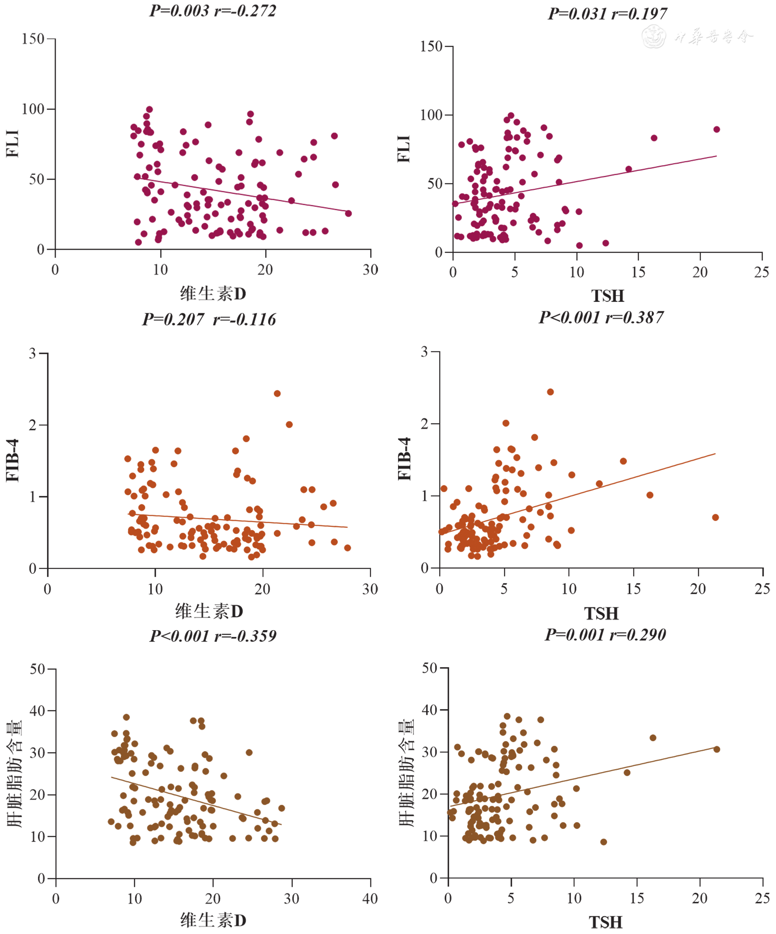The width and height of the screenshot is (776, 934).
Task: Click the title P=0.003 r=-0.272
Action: point(213,11)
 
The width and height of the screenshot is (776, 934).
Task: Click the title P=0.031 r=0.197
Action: point(607,14)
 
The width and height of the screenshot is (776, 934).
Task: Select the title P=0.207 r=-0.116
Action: point(209,319)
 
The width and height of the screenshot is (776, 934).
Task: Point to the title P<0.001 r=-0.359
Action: point(213,636)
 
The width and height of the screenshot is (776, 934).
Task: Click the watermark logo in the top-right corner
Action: point(654,37)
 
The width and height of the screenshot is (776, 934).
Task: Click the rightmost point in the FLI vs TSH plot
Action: point(716,129)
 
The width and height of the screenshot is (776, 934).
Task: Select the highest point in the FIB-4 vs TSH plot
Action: point(550,392)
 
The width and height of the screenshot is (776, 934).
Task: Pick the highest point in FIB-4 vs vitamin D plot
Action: point(277,393)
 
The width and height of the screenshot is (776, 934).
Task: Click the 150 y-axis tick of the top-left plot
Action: point(33,39)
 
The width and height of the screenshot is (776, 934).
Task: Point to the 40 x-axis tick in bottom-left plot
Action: point(370,899)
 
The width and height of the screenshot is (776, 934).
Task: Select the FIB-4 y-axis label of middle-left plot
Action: point(13,460)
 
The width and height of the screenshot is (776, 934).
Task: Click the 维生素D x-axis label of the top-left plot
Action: point(213,294)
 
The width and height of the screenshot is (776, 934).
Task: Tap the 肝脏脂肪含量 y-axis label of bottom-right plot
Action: point(406,772)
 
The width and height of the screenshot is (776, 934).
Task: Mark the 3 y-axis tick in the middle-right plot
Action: point(424,352)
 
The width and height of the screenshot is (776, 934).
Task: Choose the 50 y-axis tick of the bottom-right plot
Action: point(429,668)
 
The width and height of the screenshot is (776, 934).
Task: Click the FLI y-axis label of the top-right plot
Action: point(404,149)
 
